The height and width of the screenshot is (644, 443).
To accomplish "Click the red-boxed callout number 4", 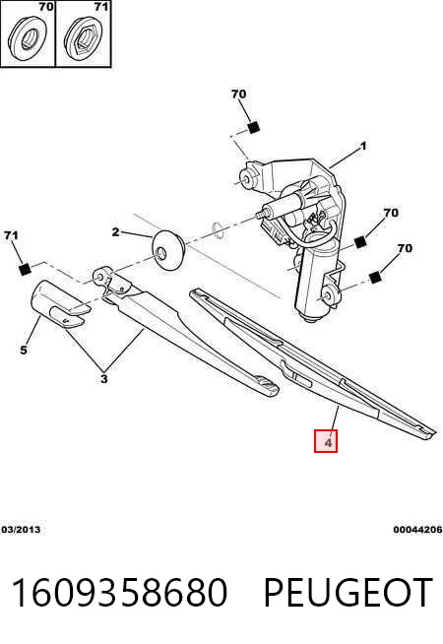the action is click(x=327, y=442).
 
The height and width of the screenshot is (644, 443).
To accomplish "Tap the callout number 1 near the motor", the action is click(x=363, y=146).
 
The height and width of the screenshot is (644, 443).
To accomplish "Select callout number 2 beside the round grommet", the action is click(x=115, y=232).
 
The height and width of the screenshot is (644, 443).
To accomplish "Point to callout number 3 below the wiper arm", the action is click(x=104, y=378).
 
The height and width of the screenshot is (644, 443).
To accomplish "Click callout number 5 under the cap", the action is click(x=24, y=350).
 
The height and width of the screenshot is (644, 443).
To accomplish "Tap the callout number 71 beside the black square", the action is click(x=11, y=235).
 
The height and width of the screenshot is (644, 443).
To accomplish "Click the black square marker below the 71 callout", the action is click(x=25, y=270).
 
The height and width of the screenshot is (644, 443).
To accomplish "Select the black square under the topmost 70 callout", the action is click(x=254, y=128).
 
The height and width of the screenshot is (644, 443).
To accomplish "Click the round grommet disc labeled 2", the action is click(x=168, y=250).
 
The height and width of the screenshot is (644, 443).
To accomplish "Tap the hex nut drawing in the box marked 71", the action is click(x=85, y=38).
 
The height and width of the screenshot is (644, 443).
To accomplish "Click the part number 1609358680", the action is click(x=119, y=592).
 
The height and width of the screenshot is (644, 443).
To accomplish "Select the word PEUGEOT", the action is click(x=348, y=592).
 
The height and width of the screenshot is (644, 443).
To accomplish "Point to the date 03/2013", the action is click(x=21, y=530).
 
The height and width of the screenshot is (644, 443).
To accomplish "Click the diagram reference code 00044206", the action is click(x=417, y=530).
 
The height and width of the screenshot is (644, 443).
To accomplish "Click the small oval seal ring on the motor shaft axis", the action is click(x=218, y=230).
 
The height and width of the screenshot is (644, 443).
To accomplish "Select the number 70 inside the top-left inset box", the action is click(x=46, y=6).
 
